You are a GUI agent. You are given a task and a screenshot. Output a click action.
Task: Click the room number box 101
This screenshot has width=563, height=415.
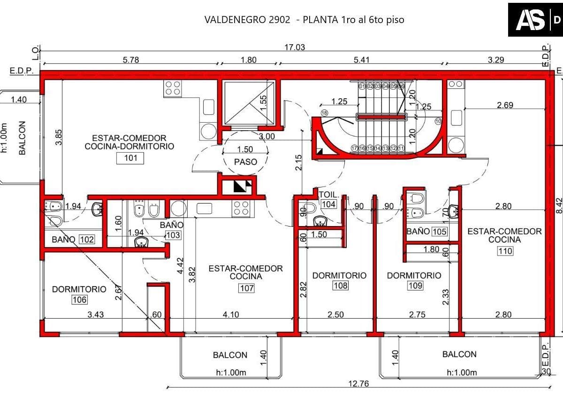pos(130,158)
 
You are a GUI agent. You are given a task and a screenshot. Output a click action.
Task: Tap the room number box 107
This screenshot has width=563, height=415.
pos(247,288)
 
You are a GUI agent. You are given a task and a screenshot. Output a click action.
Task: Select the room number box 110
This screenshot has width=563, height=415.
pos(505,251)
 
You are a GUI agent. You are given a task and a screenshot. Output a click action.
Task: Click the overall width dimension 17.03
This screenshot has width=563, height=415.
pos(295,47)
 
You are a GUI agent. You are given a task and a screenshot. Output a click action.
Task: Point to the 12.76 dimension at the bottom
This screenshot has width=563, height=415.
pos(358,384)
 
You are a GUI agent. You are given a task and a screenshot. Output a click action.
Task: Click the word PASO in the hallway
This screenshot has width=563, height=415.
pos(245,162)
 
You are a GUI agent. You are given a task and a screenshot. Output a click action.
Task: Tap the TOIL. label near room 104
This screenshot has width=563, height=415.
pos(329,195)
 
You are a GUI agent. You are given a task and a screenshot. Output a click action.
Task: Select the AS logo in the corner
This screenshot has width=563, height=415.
pos(531,20)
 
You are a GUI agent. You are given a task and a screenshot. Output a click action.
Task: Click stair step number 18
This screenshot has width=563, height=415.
pos(325,113)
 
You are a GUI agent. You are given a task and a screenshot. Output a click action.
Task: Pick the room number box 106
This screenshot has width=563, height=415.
pos(80,300)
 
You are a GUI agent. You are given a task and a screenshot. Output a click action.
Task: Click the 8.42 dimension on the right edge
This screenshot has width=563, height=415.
pos(559,206)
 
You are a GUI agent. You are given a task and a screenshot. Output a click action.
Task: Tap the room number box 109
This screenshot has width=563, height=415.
pos(415,286)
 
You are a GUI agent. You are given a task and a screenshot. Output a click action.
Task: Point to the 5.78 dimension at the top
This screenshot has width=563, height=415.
pos(131,60)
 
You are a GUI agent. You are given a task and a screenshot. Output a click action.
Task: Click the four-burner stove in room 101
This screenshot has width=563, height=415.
pos(173,88)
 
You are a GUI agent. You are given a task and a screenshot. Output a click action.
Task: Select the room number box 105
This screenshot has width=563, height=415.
pos(439,231)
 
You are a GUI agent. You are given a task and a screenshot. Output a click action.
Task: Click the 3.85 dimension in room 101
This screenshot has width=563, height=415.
pos(59,137)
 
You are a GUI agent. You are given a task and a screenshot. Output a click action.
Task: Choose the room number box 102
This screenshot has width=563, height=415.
pos(87,239)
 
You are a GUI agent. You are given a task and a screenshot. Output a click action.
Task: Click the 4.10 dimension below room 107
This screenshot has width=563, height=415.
pos(231,314)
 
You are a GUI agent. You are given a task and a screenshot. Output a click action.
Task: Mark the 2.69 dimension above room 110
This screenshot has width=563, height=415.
pos(505,105)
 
